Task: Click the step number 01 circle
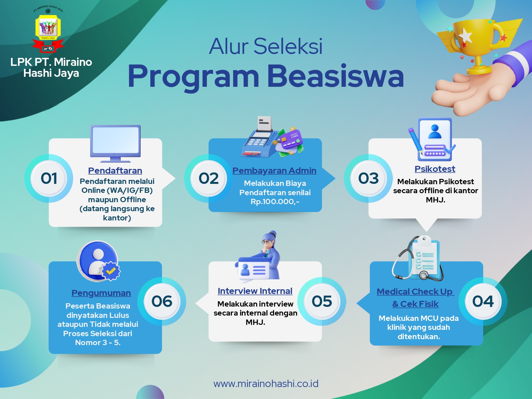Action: pyautogui.click(x=49, y=178)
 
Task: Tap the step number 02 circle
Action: pyautogui.click(x=208, y=178)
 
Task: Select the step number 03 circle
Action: pyautogui.click(x=368, y=178)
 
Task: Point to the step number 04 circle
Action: pyautogui.click(x=483, y=301)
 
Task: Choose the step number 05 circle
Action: pyautogui.click(x=322, y=301)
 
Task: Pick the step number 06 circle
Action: pyautogui.click(x=162, y=301)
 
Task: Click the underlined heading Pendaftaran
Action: pyautogui.click(x=115, y=171)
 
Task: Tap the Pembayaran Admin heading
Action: pyautogui.click(x=274, y=171)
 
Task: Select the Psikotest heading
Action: pyautogui.click(x=435, y=169)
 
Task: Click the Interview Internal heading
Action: pyautogui.click(x=255, y=291)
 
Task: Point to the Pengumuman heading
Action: pyautogui.click(x=101, y=293)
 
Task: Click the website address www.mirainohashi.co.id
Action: pyautogui.click(x=266, y=384)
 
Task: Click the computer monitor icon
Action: pyautogui.click(x=115, y=141)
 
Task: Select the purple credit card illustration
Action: pyautogui.click(x=291, y=140)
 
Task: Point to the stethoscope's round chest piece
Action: pyautogui.click(x=424, y=275)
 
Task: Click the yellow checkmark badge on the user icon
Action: pyautogui.click(x=111, y=271)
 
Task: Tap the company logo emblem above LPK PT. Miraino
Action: pyautogui.click(x=48, y=30)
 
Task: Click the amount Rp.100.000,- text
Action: pyautogui.click(x=275, y=201)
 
